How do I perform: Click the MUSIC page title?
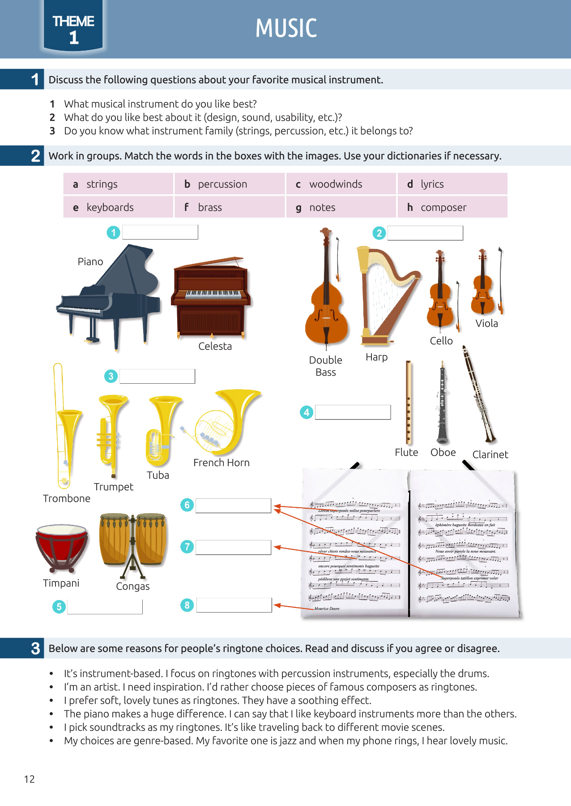[x=286, y=28]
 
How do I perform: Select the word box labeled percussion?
[x=230, y=184]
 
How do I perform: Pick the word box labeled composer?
[x=452, y=207]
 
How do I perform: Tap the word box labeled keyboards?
[x=118, y=207]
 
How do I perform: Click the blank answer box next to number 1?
[x=160, y=232]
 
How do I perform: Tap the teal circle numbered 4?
[x=306, y=412]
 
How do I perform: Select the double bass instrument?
[x=326, y=296]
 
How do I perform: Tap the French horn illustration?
[x=226, y=421]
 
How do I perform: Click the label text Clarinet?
[x=490, y=454]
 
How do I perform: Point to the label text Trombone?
[x=67, y=498]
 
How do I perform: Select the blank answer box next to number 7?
[x=233, y=547]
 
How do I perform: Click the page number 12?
[x=29, y=779]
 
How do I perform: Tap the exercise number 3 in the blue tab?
[x=35, y=648]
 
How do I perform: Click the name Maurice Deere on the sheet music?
[x=327, y=609]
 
